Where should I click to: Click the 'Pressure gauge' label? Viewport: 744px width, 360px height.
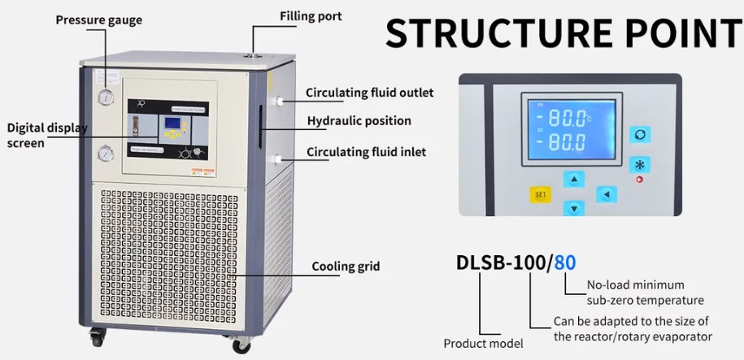click(98, 20)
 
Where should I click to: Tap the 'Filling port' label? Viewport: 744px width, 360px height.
click(311, 16)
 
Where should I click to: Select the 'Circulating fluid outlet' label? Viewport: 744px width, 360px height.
click(369, 93)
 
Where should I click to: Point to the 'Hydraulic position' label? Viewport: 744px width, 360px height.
click(359, 121)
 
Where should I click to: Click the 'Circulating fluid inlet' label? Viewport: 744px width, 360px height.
click(366, 151)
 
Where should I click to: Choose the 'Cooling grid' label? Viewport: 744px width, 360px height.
click(346, 266)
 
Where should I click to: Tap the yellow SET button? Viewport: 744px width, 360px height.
click(540, 195)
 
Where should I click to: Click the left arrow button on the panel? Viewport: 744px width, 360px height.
click(606, 194)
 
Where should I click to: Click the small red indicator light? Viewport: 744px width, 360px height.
click(640, 179)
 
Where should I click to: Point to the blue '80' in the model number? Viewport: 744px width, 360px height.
click(564, 262)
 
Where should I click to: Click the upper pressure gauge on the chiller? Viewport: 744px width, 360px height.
click(106, 98)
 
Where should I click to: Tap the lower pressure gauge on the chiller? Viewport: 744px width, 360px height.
click(107, 152)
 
